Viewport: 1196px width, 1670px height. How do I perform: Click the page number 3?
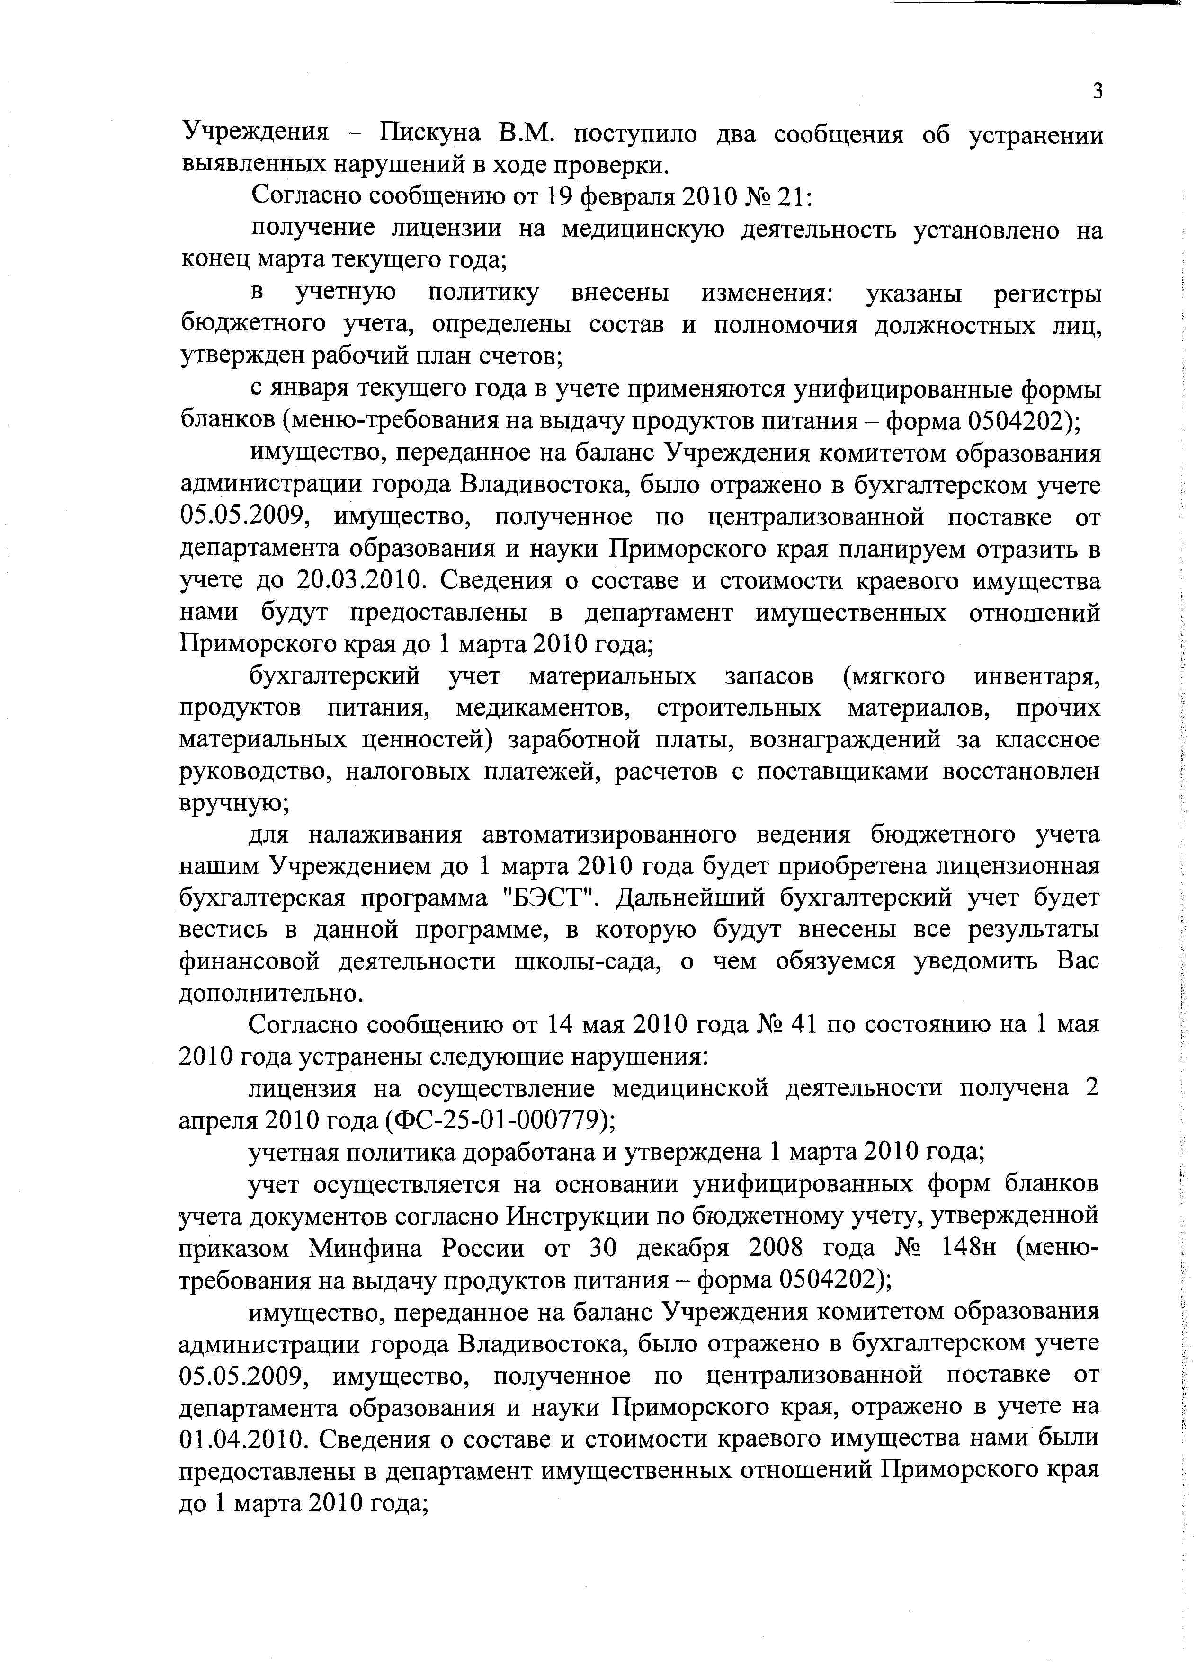click(x=1098, y=92)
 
